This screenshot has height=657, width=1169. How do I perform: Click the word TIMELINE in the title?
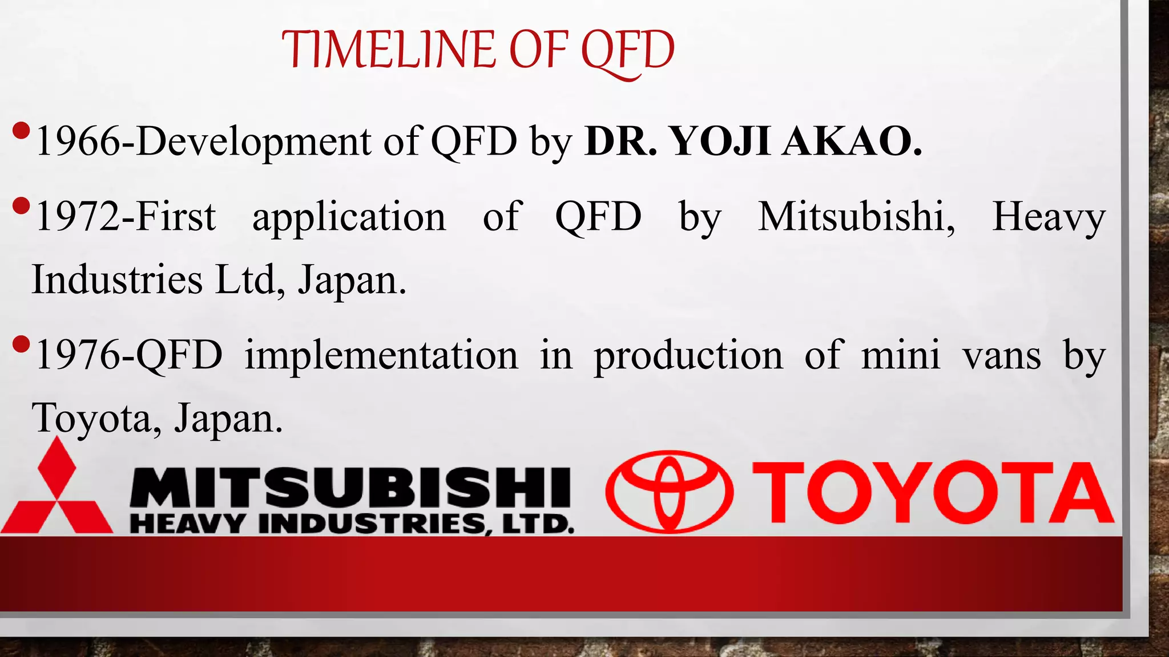point(388,50)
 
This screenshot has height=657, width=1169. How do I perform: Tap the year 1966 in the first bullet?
point(78,141)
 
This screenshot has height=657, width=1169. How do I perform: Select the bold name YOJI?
point(719,141)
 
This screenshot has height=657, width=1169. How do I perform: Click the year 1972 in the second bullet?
point(78,217)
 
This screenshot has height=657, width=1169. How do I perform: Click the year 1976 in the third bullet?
point(78,355)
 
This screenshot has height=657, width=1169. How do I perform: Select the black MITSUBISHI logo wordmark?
point(350,488)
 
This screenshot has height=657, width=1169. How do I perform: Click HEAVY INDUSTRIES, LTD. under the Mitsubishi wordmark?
point(352,524)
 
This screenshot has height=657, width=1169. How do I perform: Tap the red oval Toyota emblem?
point(669,492)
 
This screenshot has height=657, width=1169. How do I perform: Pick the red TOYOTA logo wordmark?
point(933,493)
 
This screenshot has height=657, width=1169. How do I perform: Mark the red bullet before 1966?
point(21,131)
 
